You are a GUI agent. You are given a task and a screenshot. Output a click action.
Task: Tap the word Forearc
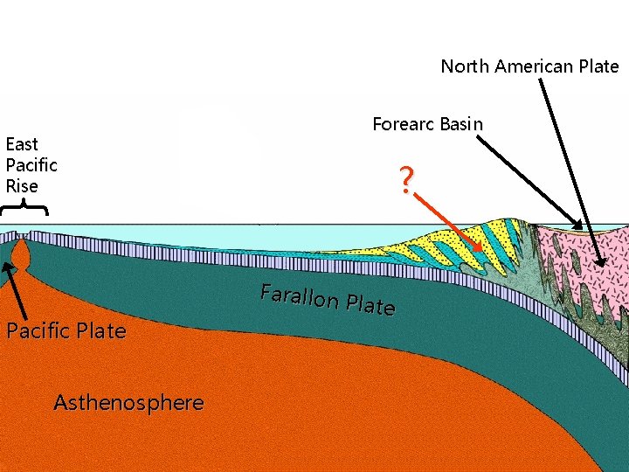(x=404, y=124)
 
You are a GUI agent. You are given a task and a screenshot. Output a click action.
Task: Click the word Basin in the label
(x=460, y=124)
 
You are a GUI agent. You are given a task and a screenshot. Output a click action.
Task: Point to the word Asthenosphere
(x=128, y=403)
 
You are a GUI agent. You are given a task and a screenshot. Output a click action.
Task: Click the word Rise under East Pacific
(x=22, y=186)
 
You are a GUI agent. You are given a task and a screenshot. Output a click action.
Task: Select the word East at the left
(x=22, y=144)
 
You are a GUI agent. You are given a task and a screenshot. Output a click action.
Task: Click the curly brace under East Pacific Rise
(x=24, y=208)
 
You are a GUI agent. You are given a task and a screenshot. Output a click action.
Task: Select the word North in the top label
(x=462, y=66)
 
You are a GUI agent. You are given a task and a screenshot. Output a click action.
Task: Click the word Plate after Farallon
(x=370, y=306)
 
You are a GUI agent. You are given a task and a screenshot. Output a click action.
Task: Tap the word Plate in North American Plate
(x=598, y=66)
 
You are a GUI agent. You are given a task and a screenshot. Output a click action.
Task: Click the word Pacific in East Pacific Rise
(x=31, y=165)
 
